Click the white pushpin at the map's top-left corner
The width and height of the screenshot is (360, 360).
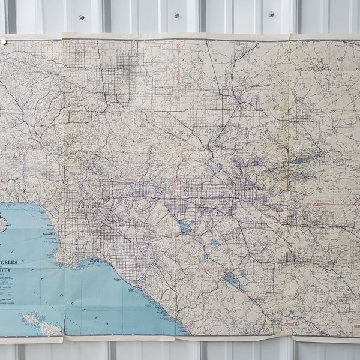point(3,42)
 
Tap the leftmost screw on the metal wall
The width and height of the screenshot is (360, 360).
point(80,17)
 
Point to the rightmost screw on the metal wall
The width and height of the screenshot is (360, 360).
point(271,14)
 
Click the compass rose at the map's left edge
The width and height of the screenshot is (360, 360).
point(2,224)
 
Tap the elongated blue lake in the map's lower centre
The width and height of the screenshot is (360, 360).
point(231,280)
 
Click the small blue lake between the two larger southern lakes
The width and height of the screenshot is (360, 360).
point(215,243)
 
